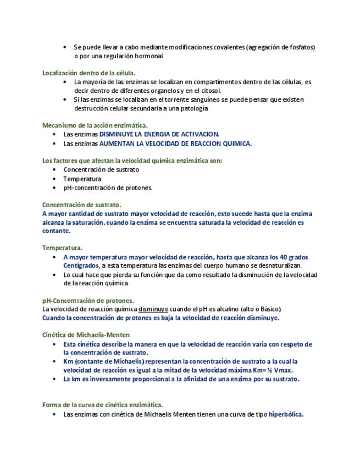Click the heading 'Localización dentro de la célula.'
point(88,73)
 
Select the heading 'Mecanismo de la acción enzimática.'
point(95,125)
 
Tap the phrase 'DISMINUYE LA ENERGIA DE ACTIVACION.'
point(159,134)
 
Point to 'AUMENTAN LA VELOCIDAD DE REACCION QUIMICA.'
point(175,143)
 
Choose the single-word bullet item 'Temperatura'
point(82,179)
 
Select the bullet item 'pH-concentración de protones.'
point(108,187)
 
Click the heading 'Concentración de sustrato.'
point(81,204)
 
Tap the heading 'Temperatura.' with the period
point(62,248)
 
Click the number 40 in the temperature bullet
point(284,257)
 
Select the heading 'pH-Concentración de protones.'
point(88,301)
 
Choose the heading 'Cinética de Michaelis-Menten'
point(86,335)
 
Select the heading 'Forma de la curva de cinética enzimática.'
point(103,405)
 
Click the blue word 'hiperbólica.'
point(286,414)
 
